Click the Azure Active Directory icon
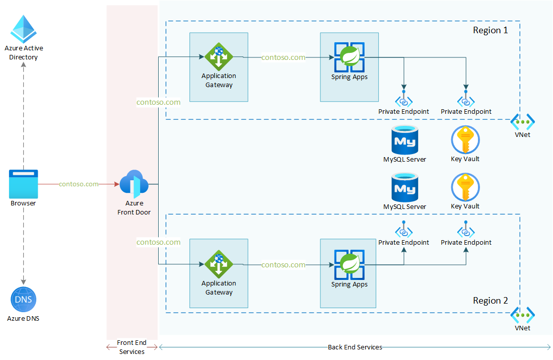tap(24, 29)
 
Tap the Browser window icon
tap(23, 184)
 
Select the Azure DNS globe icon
tap(23, 300)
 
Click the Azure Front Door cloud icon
tap(133, 185)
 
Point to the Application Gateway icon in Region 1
tap(219, 57)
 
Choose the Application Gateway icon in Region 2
tap(219, 264)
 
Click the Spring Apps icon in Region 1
tap(350, 57)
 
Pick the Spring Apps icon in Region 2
tap(350, 264)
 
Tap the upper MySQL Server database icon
tap(404, 139)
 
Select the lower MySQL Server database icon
tap(404, 187)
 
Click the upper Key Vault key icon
tap(465, 139)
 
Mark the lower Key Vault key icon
tap(465, 187)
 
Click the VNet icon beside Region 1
tap(522, 121)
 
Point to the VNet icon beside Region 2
tap(522, 315)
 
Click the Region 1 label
tap(490, 30)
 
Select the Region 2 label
tap(490, 301)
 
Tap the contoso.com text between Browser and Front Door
tap(79, 184)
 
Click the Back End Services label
tap(355, 347)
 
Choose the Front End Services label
tap(132, 347)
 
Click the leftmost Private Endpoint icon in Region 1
tap(404, 100)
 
